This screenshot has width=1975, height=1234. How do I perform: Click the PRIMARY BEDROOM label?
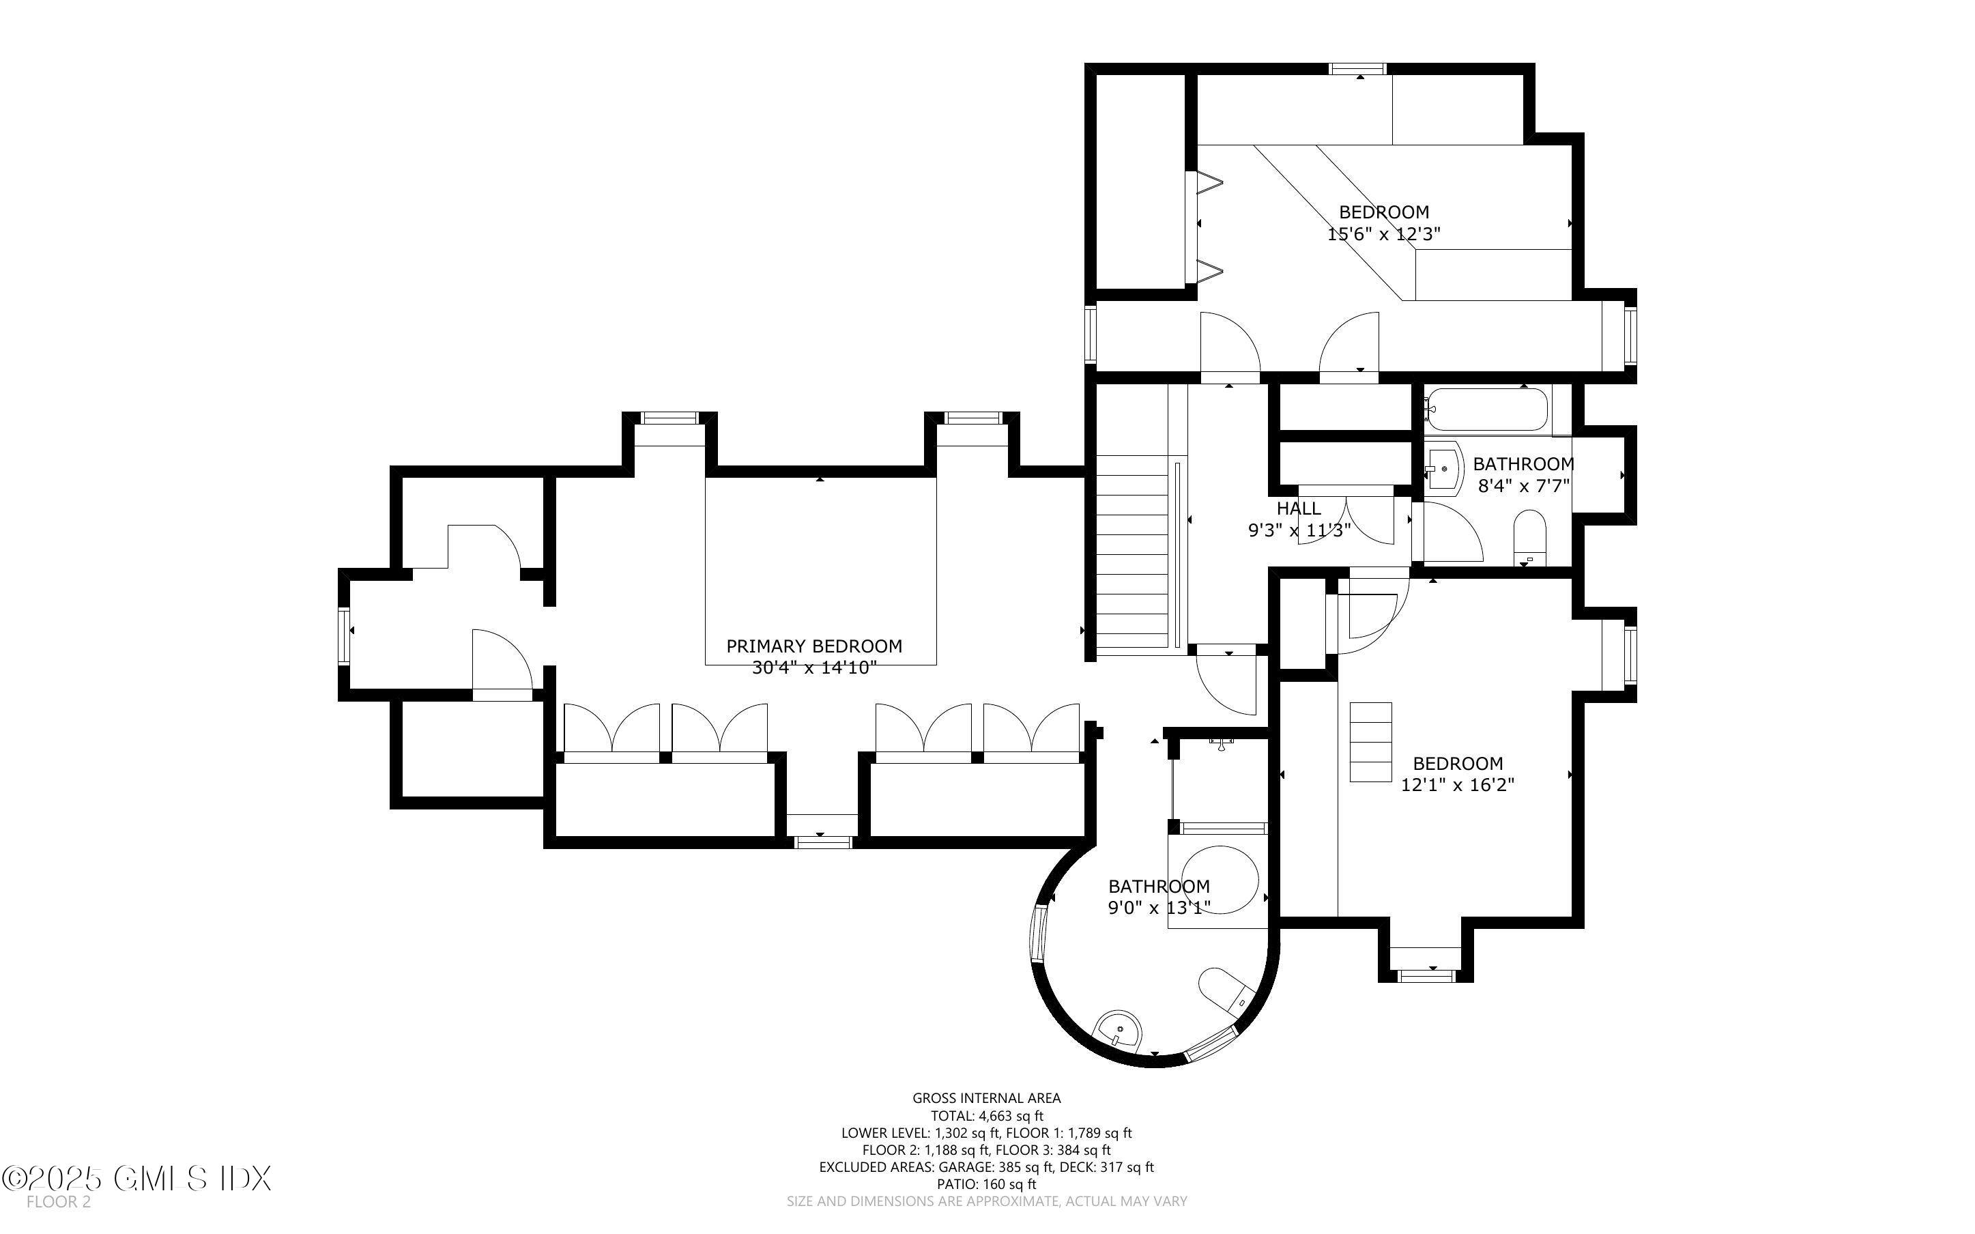813,646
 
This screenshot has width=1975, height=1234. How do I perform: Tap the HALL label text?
1298,508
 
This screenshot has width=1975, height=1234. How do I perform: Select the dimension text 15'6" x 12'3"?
1383,234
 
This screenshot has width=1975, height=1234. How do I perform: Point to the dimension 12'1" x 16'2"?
1457,785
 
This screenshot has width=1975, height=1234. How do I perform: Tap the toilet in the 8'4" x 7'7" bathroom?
1529,538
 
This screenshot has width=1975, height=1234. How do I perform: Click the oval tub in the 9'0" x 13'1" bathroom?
1220,880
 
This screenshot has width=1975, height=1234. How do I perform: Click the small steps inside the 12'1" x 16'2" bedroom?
1370,742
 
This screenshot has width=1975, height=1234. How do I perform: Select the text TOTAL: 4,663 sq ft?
986,1116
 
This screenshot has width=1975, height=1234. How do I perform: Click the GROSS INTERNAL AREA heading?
986,1099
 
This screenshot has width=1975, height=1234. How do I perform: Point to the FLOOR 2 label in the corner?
58,1202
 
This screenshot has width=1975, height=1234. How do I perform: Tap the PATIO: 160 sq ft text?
986,1184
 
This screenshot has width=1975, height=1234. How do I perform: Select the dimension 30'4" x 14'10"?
813,668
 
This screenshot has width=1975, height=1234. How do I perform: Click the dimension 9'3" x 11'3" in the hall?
1299,530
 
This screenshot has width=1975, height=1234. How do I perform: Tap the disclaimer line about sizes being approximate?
986,1201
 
